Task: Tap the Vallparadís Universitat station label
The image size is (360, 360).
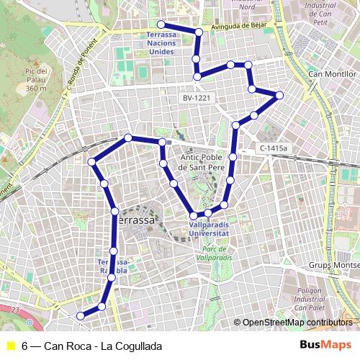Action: (208, 230)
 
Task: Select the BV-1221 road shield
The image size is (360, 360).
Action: (194, 96)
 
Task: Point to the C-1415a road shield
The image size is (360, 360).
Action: (274, 148)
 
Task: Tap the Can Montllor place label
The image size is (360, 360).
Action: (332, 73)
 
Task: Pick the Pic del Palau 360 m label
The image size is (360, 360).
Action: (36, 80)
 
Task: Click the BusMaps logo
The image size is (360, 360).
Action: (325, 345)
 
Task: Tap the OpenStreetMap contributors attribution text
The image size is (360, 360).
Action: (297, 323)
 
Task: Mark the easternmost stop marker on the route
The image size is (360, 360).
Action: (279, 95)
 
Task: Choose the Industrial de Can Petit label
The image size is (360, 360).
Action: (320, 14)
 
